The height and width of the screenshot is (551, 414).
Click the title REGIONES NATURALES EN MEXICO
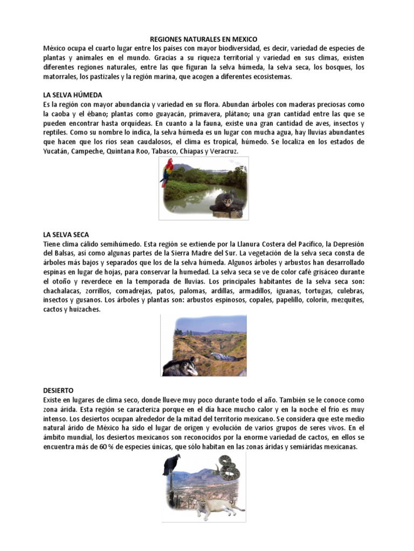(203, 39)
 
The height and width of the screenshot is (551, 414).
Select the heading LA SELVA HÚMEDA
(72, 95)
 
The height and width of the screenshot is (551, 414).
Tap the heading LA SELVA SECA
(66, 235)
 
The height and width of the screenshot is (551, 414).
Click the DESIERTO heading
(58, 390)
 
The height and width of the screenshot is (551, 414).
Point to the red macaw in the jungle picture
(168, 172)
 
